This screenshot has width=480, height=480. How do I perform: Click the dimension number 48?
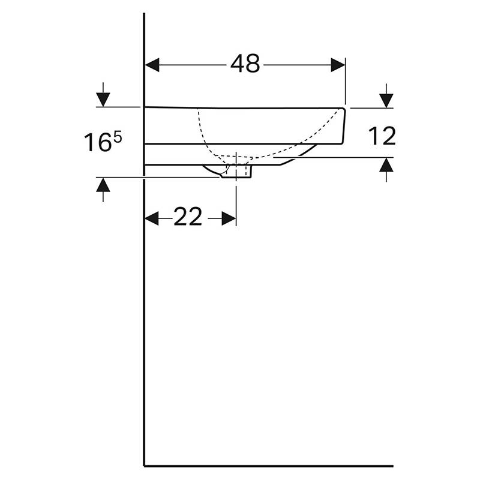(245, 64)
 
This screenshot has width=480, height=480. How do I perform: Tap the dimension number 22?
(188, 217)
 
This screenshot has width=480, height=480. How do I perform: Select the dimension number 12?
(382, 136)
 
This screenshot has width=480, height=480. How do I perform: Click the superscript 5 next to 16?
(118, 137)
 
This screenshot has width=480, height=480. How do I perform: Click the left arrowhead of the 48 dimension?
(152, 65)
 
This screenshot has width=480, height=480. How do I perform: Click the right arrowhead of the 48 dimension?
(338, 65)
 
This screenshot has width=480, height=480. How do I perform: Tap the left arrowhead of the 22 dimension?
(151, 218)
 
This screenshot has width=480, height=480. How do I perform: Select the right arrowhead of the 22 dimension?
(229, 218)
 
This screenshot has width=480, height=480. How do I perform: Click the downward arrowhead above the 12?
(386, 101)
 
